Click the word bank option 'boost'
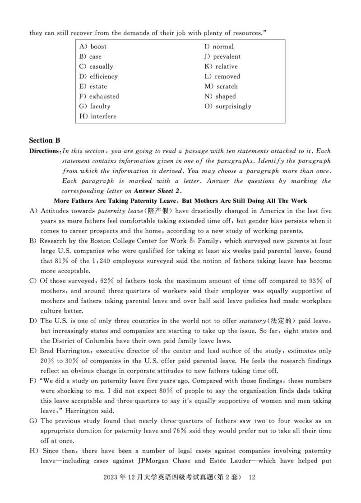[x=98, y=47]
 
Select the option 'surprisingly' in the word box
[x=233, y=107]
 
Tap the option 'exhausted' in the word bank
[x=104, y=97]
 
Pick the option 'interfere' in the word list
[x=103, y=116]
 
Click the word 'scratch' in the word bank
[x=227, y=87]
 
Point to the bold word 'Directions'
[x=44, y=151]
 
